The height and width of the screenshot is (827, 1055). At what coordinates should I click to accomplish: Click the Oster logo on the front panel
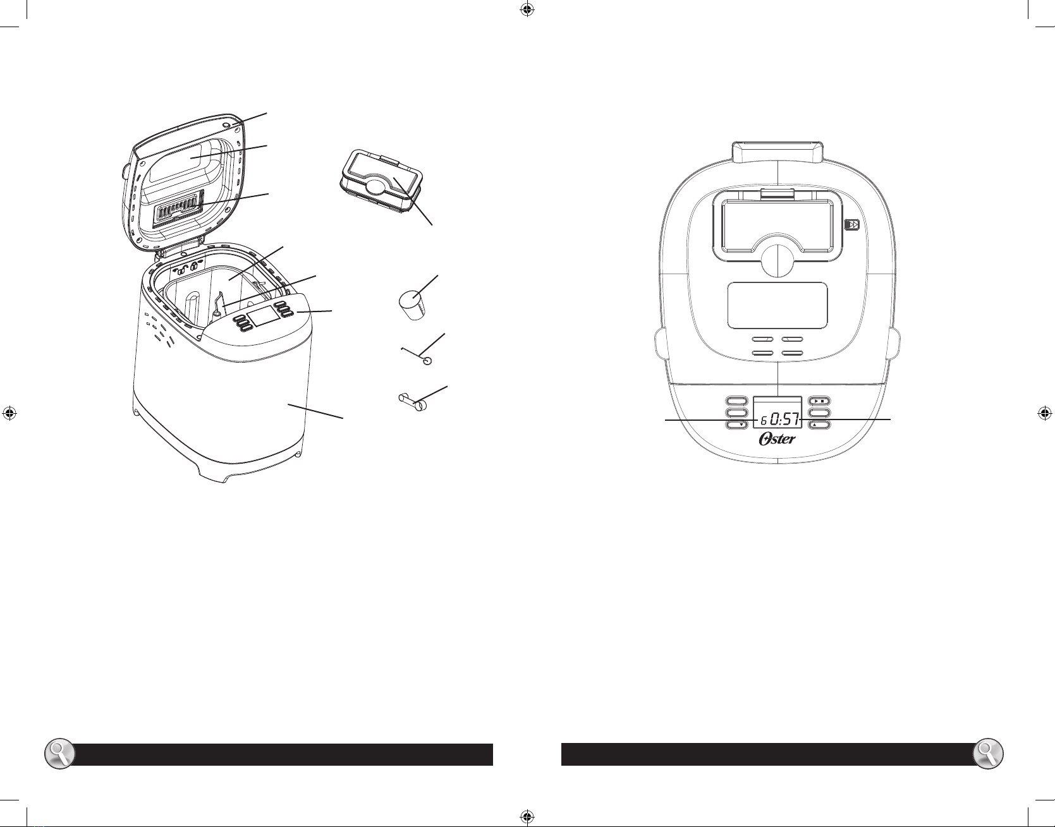click(778, 439)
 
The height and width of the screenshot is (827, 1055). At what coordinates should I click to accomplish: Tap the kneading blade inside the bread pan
click(219, 306)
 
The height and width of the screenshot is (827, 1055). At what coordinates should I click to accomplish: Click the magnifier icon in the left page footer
click(59, 754)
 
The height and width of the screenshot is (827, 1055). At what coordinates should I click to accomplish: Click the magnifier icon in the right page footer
click(988, 754)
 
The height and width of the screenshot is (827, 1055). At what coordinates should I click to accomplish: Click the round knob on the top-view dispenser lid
click(778, 260)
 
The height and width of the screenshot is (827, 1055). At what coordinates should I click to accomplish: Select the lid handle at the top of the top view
click(778, 152)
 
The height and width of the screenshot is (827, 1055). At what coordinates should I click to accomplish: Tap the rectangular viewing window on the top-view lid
click(778, 305)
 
